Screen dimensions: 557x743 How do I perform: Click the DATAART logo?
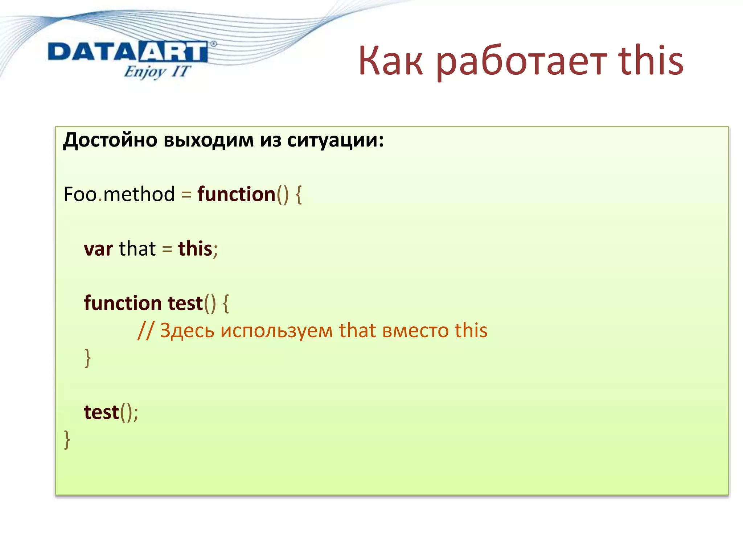(x=128, y=51)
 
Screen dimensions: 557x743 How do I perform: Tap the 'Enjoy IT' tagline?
(x=157, y=72)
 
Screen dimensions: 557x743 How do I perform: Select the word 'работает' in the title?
(x=521, y=62)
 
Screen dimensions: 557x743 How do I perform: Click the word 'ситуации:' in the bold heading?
(x=335, y=140)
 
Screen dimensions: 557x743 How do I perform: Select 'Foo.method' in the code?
(x=119, y=194)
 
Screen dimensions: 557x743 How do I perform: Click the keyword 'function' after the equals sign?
(x=236, y=194)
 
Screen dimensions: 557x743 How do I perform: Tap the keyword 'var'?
(x=98, y=249)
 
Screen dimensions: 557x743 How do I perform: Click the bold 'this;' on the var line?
(x=197, y=249)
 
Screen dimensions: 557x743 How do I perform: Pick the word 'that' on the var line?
(x=137, y=249)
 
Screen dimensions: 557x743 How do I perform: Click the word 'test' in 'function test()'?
(x=185, y=303)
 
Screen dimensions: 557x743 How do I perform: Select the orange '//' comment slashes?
(x=145, y=331)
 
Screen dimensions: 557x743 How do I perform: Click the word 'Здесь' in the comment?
(x=187, y=331)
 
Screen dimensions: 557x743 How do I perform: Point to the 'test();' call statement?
(x=111, y=413)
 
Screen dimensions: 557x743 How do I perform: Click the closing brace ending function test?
(x=87, y=358)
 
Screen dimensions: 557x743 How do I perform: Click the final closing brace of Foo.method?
(x=67, y=440)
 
